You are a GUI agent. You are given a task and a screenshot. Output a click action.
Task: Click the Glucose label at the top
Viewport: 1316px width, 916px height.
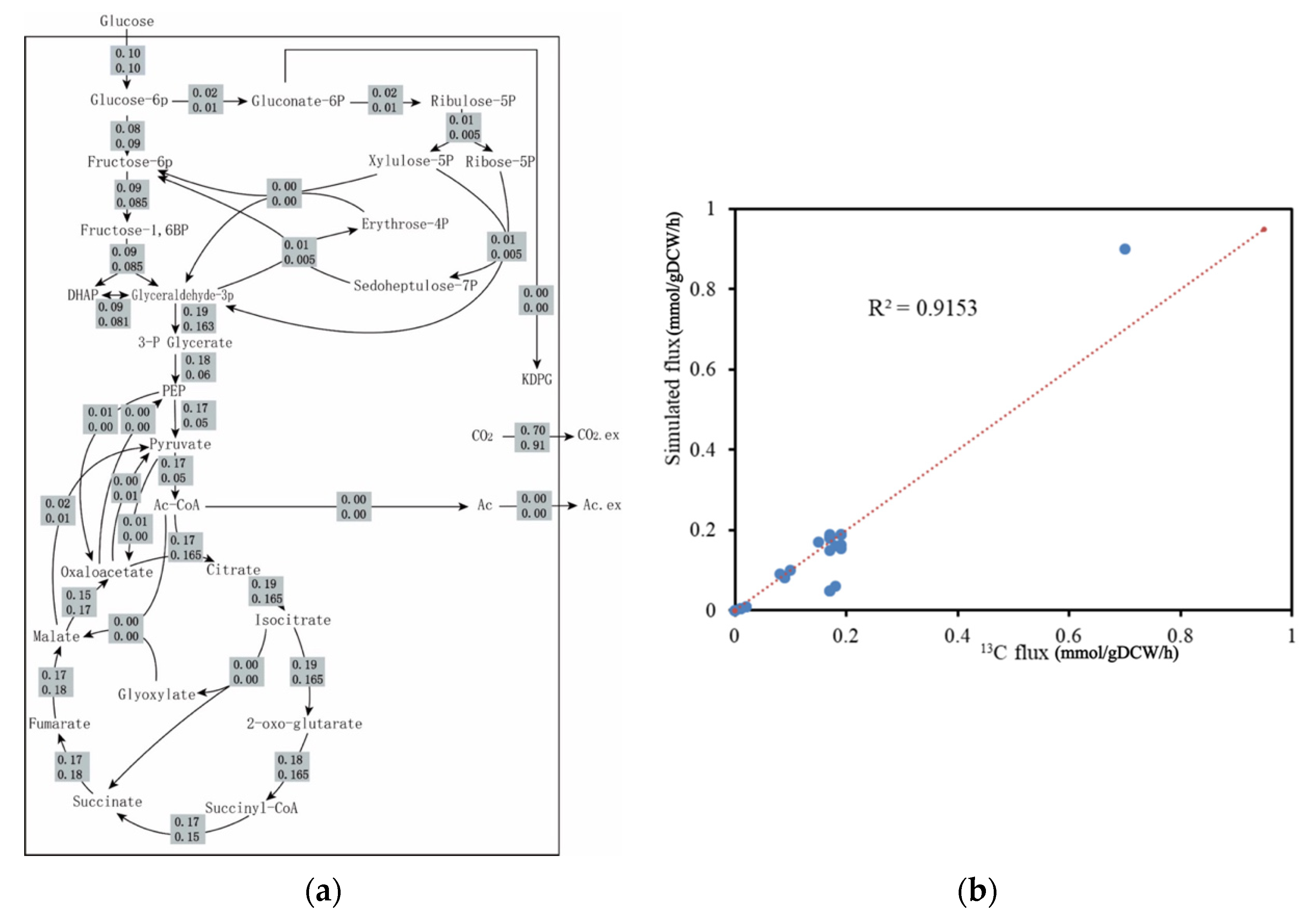(x=127, y=21)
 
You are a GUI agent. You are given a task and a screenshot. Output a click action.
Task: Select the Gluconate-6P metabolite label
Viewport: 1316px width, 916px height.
(x=298, y=101)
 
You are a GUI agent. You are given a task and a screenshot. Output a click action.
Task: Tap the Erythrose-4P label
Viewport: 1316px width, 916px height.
(x=405, y=224)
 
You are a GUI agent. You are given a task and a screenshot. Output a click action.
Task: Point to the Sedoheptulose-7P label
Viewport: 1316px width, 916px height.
(x=415, y=286)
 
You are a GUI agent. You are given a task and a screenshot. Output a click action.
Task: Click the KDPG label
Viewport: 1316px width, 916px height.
(x=537, y=379)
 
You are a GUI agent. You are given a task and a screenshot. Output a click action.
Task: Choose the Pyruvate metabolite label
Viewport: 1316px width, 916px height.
(x=180, y=444)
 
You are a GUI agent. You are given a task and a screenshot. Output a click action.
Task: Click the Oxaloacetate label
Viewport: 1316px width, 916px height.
(x=107, y=572)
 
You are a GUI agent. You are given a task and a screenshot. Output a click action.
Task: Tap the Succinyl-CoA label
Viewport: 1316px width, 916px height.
(x=252, y=808)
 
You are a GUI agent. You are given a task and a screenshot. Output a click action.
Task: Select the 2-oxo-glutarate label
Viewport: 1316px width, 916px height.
(x=304, y=724)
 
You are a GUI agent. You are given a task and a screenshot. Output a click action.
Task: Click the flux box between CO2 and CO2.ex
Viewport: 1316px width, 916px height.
(x=532, y=438)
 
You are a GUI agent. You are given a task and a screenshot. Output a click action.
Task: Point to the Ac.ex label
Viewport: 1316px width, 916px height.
(x=602, y=505)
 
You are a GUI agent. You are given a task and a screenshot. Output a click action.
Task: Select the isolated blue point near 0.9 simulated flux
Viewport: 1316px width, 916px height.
(x=1125, y=249)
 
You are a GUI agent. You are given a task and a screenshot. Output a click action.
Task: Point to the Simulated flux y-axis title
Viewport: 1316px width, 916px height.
(x=673, y=338)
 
